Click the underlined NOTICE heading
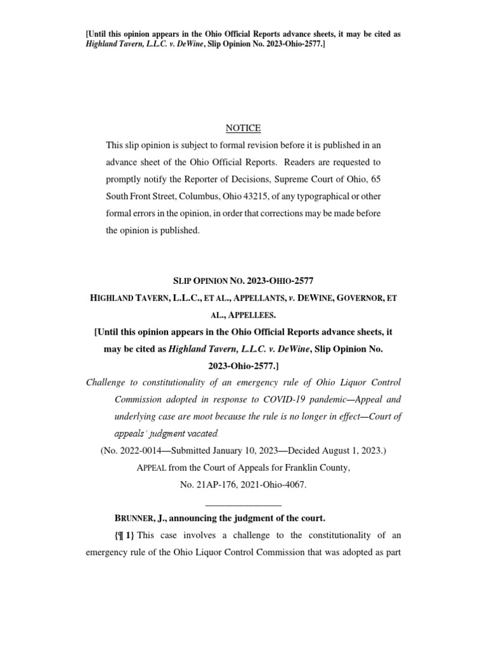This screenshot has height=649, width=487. pyautogui.click(x=243, y=128)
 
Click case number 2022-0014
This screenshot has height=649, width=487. pyautogui.click(x=140, y=451)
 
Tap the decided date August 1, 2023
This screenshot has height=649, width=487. pyautogui.click(x=351, y=451)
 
